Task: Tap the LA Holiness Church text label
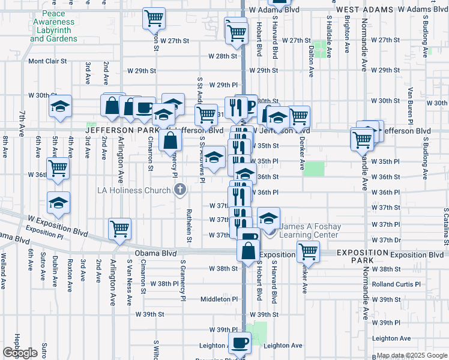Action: (134, 191)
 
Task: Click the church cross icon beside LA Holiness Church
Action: (179, 191)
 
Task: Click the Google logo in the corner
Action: (20, 352)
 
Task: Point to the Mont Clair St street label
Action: (50, 61)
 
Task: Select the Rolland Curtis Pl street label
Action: (396, 284)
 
